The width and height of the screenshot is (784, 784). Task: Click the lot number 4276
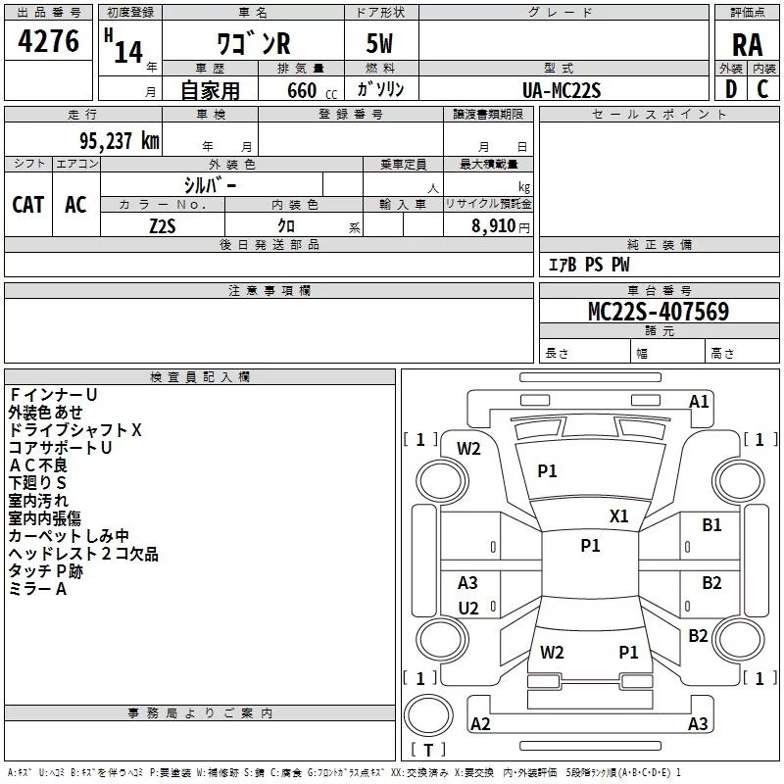49,43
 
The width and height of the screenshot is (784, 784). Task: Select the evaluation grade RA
747,45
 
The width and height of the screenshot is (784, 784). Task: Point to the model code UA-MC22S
563,89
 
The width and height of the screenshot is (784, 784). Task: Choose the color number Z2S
162,224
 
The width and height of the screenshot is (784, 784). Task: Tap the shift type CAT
27,204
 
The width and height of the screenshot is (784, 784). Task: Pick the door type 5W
380,44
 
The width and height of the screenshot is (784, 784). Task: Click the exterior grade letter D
730,89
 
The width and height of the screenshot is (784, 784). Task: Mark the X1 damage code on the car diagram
619,516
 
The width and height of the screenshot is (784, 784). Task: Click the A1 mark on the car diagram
699,401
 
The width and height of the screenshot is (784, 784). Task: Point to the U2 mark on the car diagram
468,609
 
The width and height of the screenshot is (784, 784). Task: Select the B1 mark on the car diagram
711,525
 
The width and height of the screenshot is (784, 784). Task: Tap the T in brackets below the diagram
428,750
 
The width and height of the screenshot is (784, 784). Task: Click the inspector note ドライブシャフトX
75,429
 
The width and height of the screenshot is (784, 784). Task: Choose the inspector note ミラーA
37,588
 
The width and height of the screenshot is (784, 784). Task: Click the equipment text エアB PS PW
588,265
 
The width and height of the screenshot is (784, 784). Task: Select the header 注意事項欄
269,291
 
